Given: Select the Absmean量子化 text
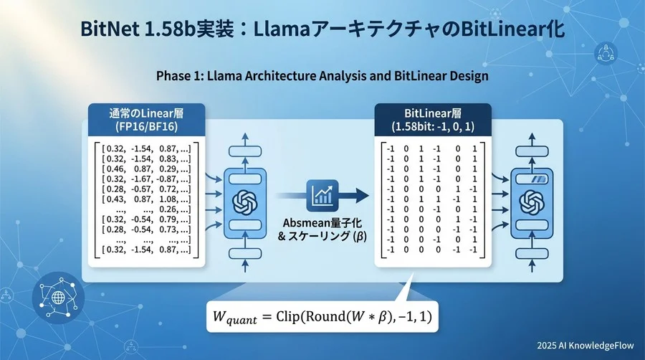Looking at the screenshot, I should click(x=319, y=222).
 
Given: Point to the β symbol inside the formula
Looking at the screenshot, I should click(x=385, y=316).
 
